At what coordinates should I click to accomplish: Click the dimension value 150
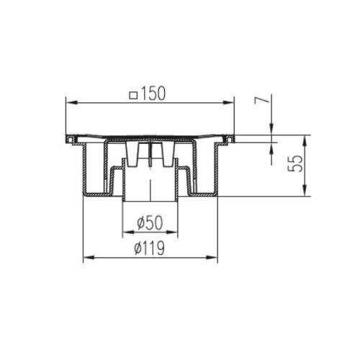pos(153,94)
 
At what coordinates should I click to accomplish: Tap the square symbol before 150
pos(133,96)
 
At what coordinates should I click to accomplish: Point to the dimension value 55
pos(295,163)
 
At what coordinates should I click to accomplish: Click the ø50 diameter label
pos(150,222)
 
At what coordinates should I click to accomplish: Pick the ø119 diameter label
pos(150,248)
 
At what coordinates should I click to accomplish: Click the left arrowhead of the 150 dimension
pos(71,103)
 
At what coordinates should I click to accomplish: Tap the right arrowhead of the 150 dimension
pos(228,103)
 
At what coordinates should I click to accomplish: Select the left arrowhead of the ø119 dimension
pos(89,258)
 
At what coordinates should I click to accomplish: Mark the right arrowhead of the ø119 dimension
pos(212,258)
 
